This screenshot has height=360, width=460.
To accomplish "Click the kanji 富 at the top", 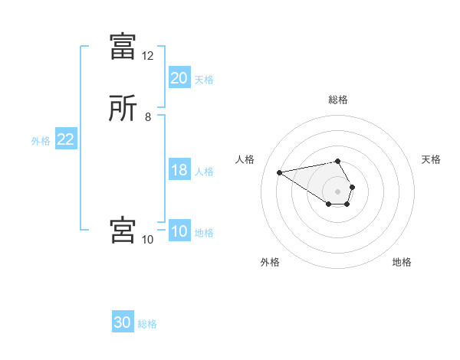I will [123, 47].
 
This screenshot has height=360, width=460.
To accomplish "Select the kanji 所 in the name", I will [123, 108].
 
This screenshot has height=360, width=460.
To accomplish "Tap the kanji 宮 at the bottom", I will [123, 230].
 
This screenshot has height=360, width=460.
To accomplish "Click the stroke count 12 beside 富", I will [147, 56].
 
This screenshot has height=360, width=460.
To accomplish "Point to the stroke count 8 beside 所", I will [147, 117].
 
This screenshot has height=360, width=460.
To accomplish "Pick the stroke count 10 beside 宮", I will [147, 240].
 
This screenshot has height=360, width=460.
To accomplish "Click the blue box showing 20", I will [179, 77].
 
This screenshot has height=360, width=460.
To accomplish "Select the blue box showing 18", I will [179, 170].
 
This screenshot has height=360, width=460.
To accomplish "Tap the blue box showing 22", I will [65, 139].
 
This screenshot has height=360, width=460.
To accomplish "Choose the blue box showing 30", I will [123, 322].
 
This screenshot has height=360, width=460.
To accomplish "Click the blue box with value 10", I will [179, 231].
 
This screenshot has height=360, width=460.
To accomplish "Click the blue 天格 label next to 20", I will [204, 79].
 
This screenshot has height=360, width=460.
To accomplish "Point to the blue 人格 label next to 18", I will [204, 172].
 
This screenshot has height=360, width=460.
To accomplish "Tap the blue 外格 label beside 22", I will [40, 141].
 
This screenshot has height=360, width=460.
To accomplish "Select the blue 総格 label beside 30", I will [147, 324].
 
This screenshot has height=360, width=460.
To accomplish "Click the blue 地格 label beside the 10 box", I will [204, 233].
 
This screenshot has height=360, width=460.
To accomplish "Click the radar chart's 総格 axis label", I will [338, 100].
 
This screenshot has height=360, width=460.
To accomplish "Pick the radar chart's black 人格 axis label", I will [245, 159].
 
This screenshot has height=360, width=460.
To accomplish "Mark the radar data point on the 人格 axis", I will [280, 172].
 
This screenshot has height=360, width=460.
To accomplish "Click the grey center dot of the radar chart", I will [338, 191].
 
